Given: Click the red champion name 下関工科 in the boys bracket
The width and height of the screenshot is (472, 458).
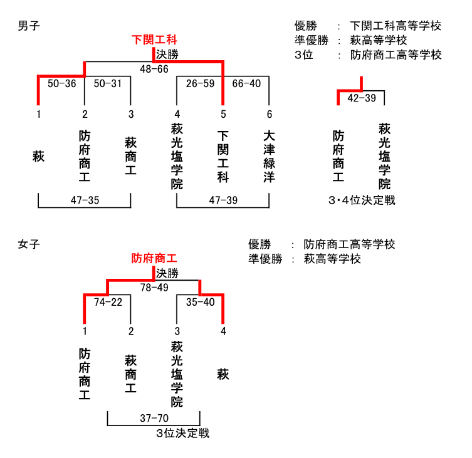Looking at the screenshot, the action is coord(154,39).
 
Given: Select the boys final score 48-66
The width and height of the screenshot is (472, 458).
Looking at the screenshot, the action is coord(154,69).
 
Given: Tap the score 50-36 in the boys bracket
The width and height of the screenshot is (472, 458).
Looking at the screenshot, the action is coord(61,83).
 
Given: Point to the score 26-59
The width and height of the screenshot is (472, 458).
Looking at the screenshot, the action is coord(200,83).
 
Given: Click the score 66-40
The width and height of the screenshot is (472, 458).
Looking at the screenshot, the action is coord(246,83).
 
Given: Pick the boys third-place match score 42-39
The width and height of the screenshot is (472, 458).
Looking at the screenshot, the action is coord(362,98).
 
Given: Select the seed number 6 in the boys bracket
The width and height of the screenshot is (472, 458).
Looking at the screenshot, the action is coord(269,115).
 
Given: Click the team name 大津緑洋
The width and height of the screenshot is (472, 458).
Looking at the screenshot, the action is coord(269,157).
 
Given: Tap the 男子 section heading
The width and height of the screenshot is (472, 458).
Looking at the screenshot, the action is coord(29,26).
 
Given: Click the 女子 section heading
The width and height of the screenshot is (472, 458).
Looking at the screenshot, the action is coord(29,244).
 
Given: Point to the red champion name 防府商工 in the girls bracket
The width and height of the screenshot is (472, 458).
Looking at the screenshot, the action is coord(154,258).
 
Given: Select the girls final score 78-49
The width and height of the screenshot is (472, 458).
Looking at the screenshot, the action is coord(154,288).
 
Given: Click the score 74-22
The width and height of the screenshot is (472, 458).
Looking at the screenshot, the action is coord(108,302).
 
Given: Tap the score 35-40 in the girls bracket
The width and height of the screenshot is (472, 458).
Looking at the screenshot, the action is coord(200,302).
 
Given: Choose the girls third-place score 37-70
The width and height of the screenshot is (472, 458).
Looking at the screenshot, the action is coord(154,418).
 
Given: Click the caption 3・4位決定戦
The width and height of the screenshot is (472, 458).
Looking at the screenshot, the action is coord(362,200).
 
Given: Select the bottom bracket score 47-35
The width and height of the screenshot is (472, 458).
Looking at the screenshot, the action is coord(85,200).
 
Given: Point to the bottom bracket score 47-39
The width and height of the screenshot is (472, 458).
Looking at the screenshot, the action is coord(223,200).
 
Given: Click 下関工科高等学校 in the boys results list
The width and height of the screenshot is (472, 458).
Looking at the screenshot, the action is coord(396,26).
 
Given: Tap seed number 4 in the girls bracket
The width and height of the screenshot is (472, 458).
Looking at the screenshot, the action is coord(223,331).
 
